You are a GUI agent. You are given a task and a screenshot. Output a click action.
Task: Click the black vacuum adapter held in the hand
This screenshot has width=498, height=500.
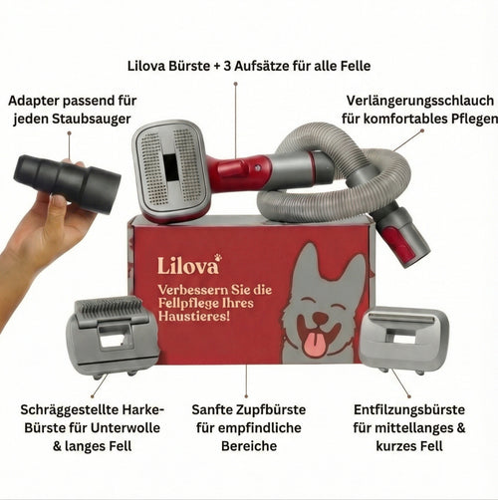[68, 182]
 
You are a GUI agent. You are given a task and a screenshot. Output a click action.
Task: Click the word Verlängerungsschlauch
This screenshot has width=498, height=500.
[420, 101]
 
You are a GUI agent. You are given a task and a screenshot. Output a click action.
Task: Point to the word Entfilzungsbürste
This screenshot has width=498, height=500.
[409, 409]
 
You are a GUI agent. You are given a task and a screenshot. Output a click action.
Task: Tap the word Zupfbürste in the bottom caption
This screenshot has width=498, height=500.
[270, 409]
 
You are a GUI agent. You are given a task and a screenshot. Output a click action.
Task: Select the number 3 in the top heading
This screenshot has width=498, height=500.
[227, 66]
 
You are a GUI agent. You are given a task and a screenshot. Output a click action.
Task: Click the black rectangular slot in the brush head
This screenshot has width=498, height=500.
[171, 167]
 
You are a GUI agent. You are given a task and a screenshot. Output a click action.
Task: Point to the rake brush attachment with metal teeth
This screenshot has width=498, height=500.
[112, 337]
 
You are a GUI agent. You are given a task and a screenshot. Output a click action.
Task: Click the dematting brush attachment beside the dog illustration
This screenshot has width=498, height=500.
[403, 340]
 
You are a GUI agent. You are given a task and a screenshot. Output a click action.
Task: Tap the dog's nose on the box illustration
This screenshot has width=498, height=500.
[320, 319]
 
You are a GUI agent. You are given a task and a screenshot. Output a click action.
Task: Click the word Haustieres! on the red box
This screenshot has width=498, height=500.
[194, 316]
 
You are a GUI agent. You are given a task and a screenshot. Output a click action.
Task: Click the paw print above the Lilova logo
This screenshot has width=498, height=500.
[218, 257]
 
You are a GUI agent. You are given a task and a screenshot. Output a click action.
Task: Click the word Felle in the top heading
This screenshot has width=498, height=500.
[356, 66]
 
